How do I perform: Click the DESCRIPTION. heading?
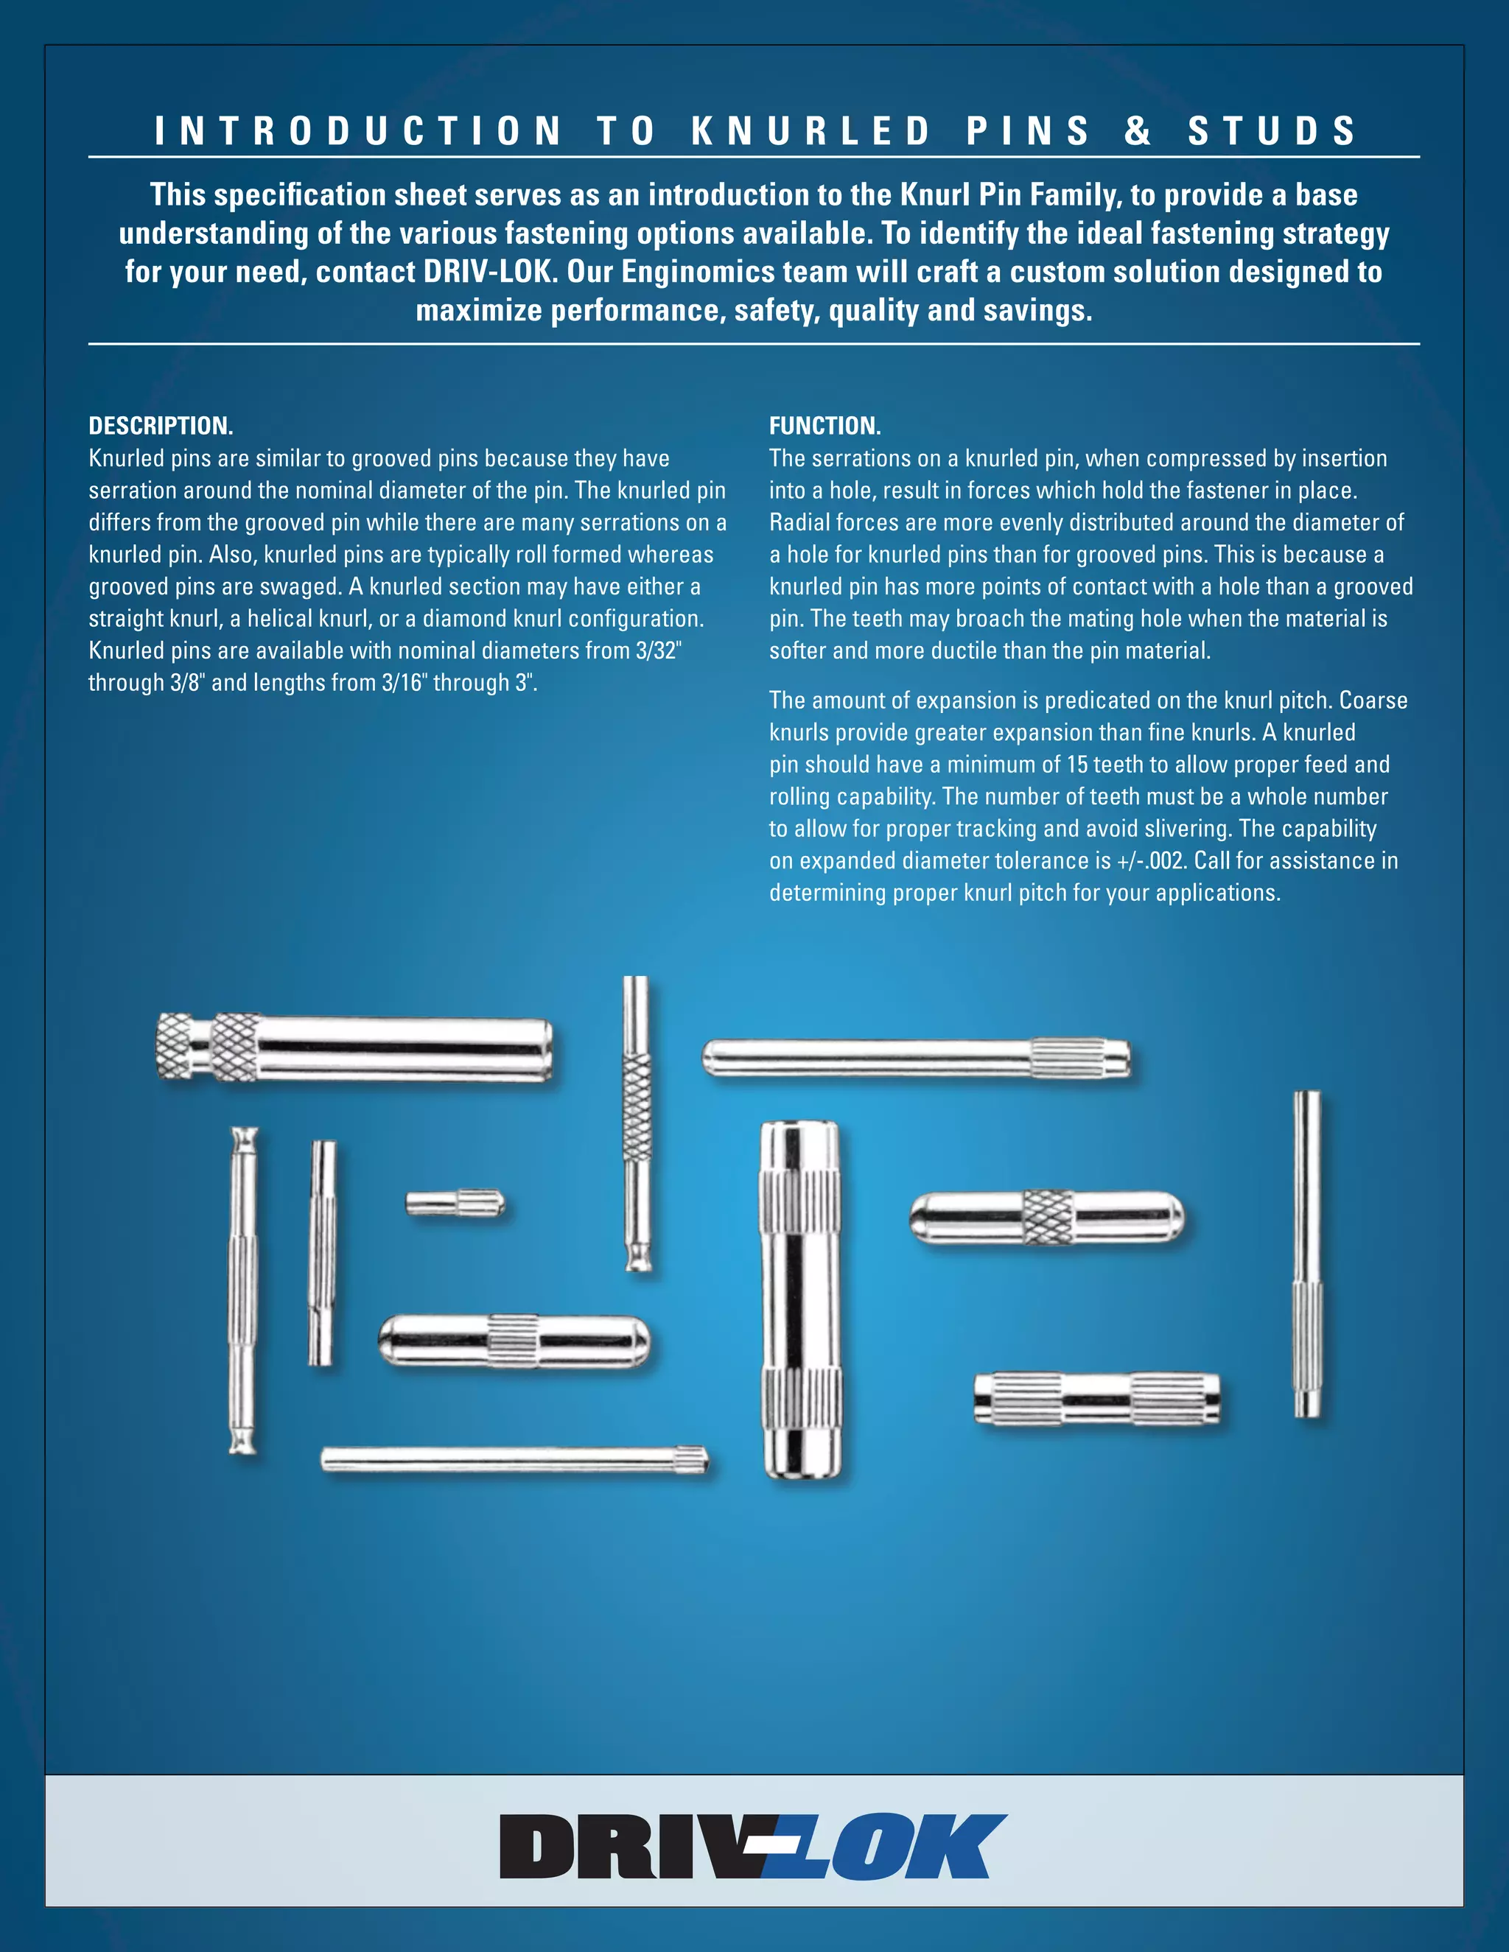(161, 426)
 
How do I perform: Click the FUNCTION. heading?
(824, 426)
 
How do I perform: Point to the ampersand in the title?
(1137, 130)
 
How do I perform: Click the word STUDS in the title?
(1271, 130)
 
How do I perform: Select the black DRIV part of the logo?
(626, 1847)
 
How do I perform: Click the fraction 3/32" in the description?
(658, 650)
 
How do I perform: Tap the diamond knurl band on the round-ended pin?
(1047, 1218)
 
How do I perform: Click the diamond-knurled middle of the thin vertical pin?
(637, 1106)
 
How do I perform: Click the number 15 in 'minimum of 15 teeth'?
(1077, 765)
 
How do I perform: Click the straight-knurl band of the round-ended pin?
(512, 1341)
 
